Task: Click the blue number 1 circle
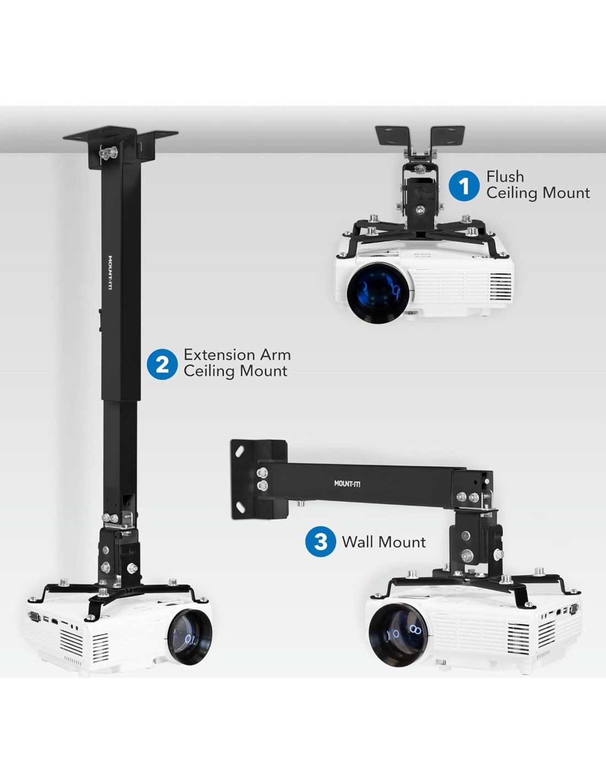[464, 186]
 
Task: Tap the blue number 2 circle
[162, 364]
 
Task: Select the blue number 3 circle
[321, 541]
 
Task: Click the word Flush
[505, 176]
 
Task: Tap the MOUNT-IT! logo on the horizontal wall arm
[347, 484]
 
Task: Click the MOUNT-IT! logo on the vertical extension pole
[110, 272]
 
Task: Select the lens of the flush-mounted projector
[378, 292]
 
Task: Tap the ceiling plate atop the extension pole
[120, 135]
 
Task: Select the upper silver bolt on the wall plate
[262, 472]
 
